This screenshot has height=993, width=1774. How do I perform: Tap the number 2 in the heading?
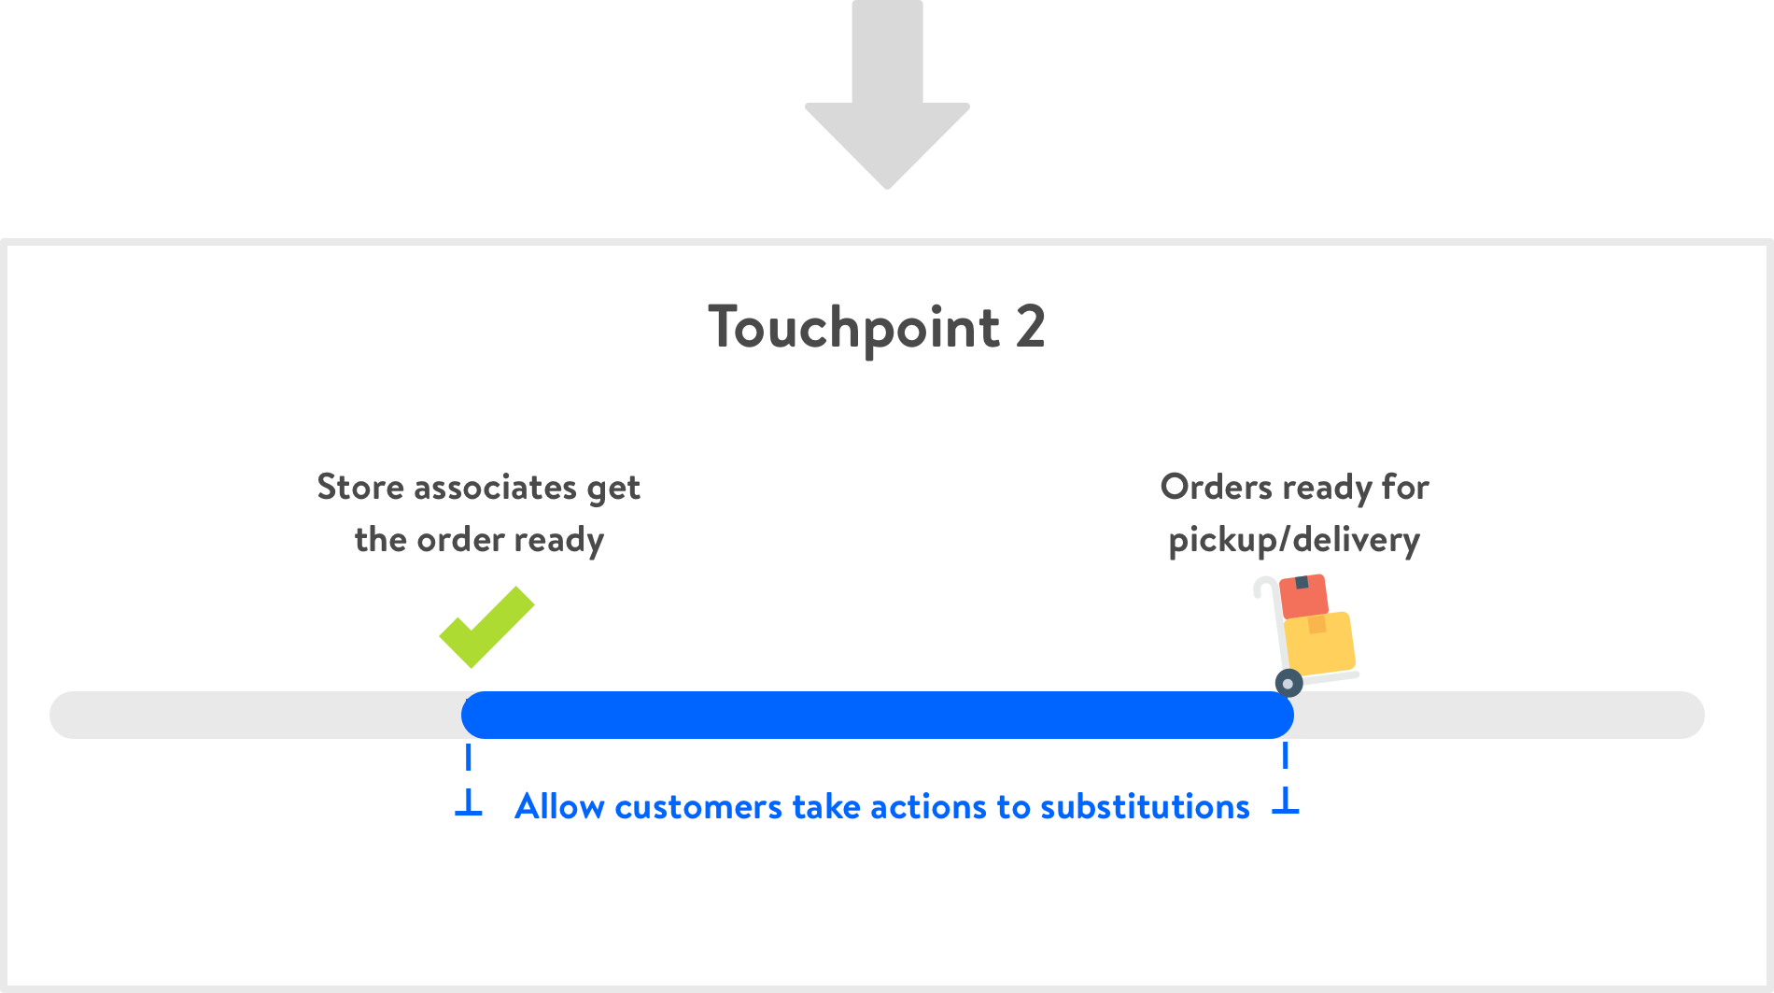[1030, 327]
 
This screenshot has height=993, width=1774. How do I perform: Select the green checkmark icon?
[486, 627]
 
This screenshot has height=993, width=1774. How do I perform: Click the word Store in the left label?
[360, 487]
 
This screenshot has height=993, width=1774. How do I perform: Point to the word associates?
[495, 487]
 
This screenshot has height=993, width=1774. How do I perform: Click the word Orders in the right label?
[1216, 487]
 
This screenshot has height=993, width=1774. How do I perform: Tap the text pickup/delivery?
[1294, 540]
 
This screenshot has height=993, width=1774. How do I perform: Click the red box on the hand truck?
[1303, 596]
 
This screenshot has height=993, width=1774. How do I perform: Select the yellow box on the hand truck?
[1319, 642]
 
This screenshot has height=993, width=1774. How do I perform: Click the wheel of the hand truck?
[1288, 683]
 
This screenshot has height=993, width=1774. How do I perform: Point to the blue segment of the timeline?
[878, 716]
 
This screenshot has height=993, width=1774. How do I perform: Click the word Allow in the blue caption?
[559, 806]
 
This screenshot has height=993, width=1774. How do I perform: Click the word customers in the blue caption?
[698, 806]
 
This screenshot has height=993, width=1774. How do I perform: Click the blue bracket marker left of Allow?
[469, 801]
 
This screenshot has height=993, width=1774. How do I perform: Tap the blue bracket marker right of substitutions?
[1286, 801]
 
